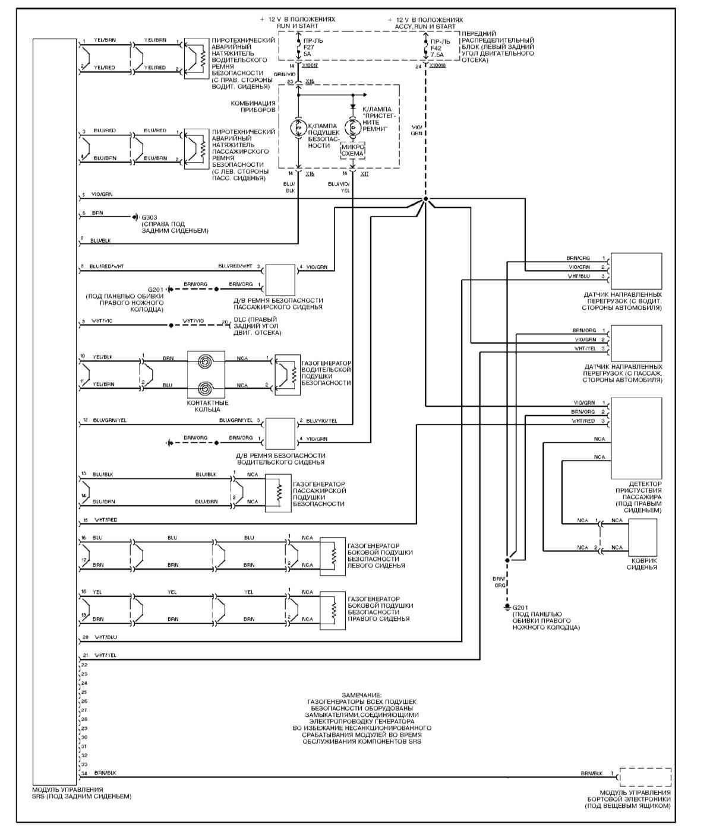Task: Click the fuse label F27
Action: [308, 47]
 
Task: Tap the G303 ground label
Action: [148, 218]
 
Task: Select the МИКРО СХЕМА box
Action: [352, 150]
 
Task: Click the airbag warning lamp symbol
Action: [298, 127]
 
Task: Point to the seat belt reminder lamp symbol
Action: [352, 125]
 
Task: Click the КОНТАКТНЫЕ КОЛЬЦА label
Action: [207, 406]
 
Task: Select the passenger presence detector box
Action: [636, 438]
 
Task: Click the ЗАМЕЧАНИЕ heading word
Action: [362, 694]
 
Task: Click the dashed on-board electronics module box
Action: [645, 777]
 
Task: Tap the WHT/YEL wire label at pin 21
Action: [105, 655]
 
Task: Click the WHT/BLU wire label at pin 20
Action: [105, 637]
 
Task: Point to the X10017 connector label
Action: [310, 65]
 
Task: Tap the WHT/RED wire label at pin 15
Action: [105, 520]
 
